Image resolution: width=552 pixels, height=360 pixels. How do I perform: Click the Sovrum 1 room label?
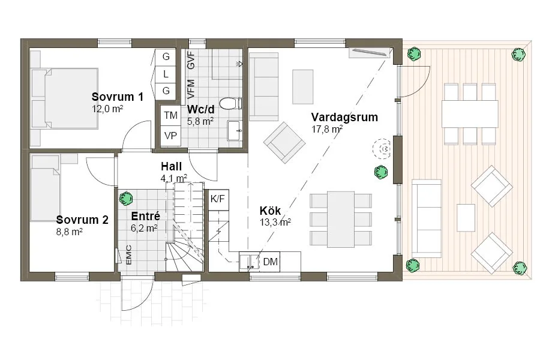point(117,97)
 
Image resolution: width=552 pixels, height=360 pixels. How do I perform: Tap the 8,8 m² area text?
point(70,231)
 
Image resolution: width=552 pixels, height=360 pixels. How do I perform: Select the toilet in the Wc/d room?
point(229,104)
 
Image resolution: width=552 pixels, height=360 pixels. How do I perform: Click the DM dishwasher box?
point(271,261)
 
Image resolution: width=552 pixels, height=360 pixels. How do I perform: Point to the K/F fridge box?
point(217,198)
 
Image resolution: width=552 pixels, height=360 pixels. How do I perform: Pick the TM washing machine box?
point(170,115)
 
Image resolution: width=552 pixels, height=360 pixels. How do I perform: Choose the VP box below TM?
point(170,136)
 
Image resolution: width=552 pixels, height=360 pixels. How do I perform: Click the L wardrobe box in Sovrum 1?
point(166,74)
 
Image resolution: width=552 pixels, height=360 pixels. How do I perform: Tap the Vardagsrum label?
point(344,117)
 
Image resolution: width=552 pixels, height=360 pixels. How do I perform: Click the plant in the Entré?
point(125,198)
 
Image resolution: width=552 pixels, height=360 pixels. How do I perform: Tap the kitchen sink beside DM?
point(247,261)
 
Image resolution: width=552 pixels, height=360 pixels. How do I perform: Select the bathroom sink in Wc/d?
point(234,130)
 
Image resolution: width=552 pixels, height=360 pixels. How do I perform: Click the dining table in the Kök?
point(340,219)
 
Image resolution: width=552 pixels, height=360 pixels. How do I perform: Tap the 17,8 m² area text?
point(327,129)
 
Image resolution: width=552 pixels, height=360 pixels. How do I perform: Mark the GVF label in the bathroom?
point(191,61)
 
